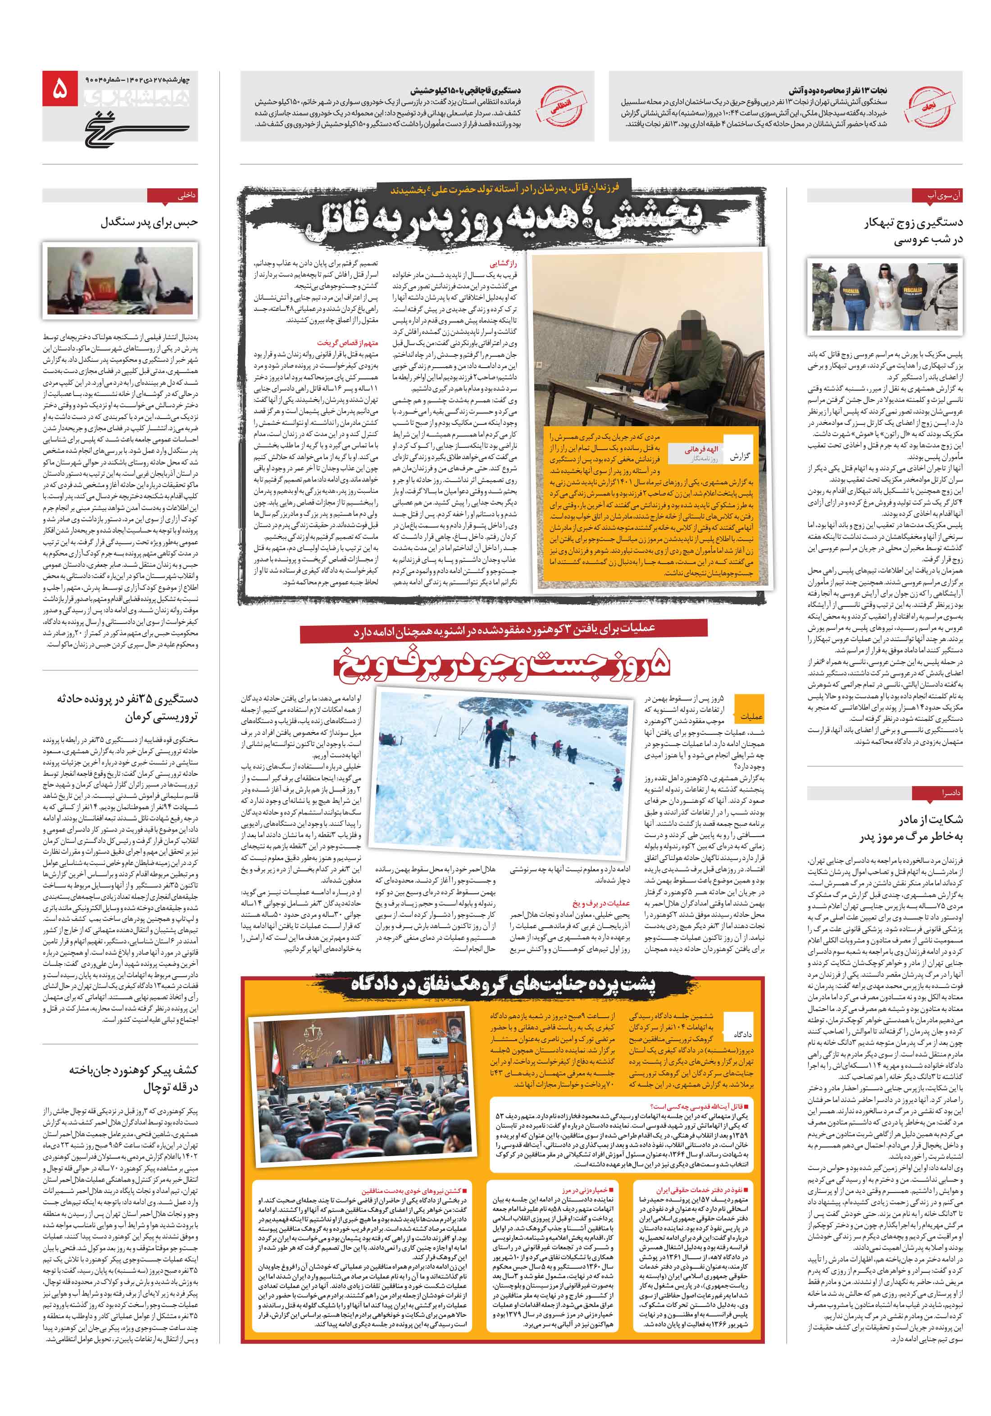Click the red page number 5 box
[x=60, y=89]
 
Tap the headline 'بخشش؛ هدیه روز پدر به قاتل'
[x=505, y=221]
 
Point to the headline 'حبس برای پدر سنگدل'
[x=149, y=223]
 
